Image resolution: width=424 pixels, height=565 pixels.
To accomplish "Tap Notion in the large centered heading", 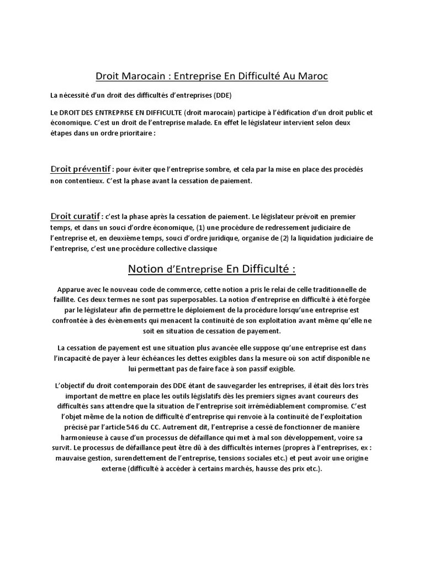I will pyautogui.click(x=146, y=269).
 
